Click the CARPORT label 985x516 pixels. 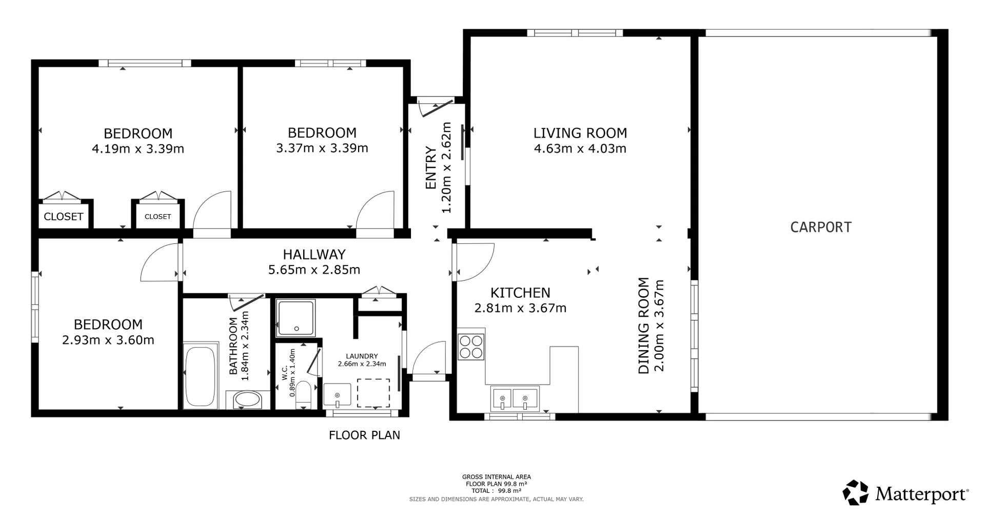point(820,227)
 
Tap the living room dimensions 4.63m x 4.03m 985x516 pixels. point(580,148)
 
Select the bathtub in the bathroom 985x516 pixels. point(200,377)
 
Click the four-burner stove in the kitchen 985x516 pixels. point(471,347)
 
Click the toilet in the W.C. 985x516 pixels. point(303,394)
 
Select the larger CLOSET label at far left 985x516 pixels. point(63,217)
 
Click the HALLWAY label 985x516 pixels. point(314,254)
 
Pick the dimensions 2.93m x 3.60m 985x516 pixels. point(108,340)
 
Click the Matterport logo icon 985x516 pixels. point(855,493)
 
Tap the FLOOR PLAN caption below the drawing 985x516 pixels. point(364,435)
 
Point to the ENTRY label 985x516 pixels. point(431,168)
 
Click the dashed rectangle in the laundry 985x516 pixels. point(373,393)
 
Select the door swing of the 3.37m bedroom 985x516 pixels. point(377,211)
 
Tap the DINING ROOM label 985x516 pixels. point(643,326)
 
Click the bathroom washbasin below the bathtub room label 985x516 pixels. point(248,399)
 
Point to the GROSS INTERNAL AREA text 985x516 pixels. point(496,477)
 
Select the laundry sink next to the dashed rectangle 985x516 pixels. point(337,394)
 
